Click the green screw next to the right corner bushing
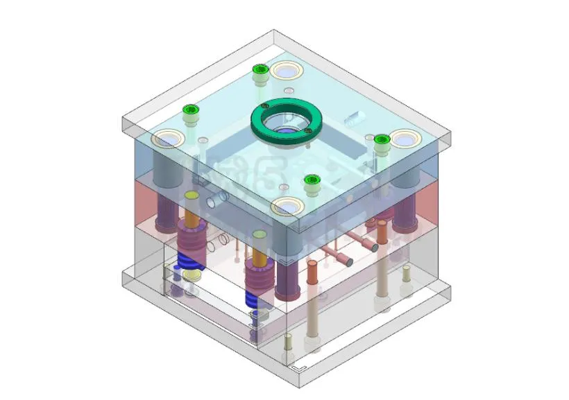380,140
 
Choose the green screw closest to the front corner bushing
312,181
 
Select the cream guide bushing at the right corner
404,140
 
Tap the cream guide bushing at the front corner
287,206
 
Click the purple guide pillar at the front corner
285,277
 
